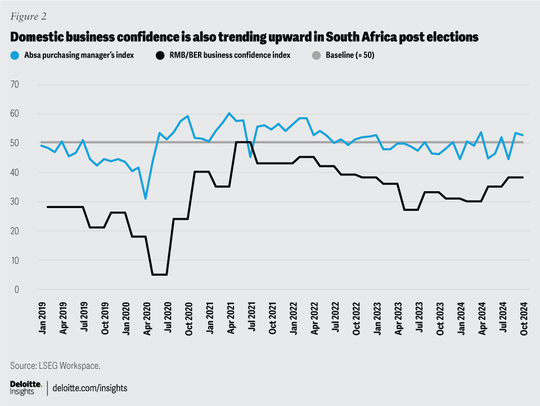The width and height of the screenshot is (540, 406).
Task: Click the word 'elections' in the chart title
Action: click(453, 37)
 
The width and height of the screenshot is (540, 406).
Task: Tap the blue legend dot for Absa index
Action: click(15, 55)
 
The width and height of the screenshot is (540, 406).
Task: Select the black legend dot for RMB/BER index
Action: click(160, 55)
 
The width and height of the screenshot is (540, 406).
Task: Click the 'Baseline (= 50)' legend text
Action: click(350, 55)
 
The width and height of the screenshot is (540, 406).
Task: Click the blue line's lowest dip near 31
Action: click(146, 198)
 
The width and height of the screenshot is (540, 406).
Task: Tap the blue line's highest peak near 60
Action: click(229, 113)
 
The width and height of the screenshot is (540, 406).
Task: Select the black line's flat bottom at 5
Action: click(159, 275)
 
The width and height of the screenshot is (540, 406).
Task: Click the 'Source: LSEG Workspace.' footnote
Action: click(55, 365)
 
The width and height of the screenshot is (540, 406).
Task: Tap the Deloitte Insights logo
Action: click(26, 387)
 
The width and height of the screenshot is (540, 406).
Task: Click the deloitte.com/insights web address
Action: click(90, 387)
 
